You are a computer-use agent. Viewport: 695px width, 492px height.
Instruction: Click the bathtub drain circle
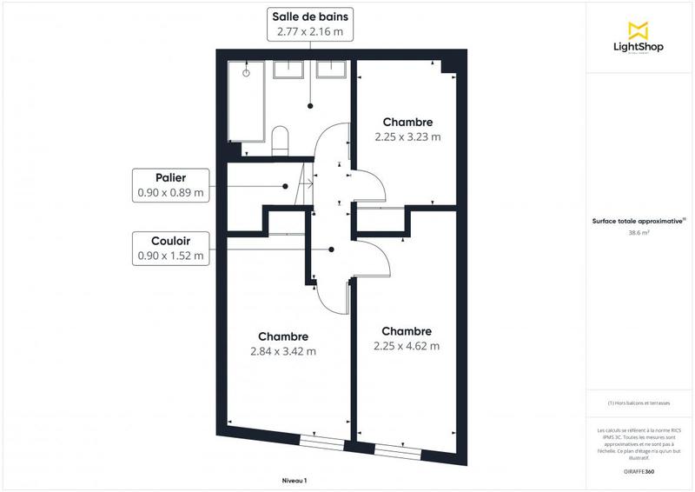pyautogui.click(x=246, y=73)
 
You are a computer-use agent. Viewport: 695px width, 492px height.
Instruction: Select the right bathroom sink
pyautogui.click(x=330, y=70)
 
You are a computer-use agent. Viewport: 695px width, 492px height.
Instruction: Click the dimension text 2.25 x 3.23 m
pyautogui.click(x=407, y=136)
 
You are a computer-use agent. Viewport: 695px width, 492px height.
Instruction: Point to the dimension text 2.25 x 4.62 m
pyautogui.click(x=407, y=345)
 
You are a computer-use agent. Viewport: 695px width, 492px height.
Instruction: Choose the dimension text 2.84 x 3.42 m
pyautogui.click(x=283, y=351)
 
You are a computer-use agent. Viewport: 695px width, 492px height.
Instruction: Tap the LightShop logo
pyautogui.click(x=639, y=39)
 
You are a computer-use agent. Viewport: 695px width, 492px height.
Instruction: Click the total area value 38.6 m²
pyautogui.click(x=639, y=233)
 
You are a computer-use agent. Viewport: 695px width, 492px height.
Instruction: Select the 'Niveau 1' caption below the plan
pyautogui.click(x=295, y=481)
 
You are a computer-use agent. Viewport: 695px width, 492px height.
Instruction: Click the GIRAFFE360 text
pyautogui.click(x=639, y=470)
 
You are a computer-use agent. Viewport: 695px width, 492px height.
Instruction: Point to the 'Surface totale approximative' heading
pyautogui.click(x=639, y=221)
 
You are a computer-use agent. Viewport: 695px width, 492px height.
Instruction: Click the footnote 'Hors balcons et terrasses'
pyautogui.click(x=639, y=403)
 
